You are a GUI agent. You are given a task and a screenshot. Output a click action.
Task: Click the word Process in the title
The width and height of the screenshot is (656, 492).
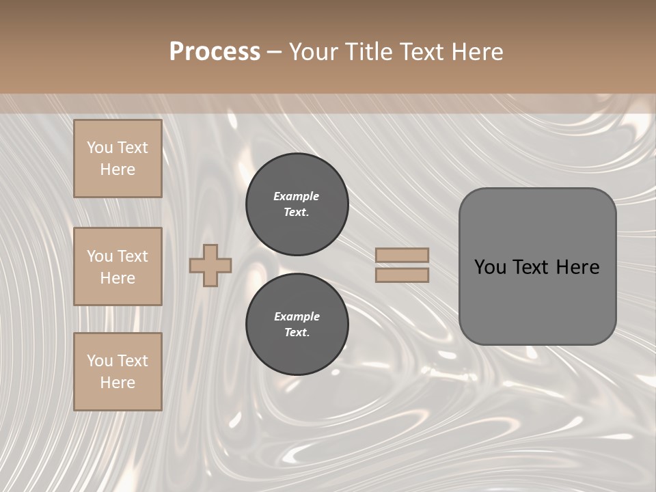tap(215, 52)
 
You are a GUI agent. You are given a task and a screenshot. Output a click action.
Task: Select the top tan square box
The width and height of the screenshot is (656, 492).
tap(118, 159)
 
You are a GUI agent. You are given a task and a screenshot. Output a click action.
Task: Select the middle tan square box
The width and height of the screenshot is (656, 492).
tap(118, 266)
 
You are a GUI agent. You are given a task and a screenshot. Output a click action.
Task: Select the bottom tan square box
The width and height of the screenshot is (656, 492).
tap(118, 372)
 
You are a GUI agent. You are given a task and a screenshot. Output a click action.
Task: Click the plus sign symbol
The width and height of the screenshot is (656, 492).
tap(210, 265)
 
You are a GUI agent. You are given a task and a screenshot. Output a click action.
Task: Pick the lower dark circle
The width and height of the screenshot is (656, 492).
tap(297, 325)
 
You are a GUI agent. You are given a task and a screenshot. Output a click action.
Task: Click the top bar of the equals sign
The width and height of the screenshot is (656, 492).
tap(402, 256)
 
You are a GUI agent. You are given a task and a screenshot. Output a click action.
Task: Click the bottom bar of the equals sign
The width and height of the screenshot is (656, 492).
tap(402, 275)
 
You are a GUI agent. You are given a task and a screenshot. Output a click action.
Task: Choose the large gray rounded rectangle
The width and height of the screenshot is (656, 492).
tap(537, 301)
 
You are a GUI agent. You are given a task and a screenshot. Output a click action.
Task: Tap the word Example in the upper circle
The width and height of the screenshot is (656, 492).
tap(297, 197)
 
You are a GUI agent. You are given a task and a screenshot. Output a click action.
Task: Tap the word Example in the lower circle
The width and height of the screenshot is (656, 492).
tap(297, 317)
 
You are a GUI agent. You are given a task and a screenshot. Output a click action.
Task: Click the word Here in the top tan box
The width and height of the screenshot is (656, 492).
tap(118, 169)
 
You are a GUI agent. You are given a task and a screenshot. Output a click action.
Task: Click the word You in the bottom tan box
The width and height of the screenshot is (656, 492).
tap(100, 361)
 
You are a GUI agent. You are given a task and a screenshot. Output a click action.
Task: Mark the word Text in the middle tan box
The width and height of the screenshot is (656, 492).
tap(133, 256)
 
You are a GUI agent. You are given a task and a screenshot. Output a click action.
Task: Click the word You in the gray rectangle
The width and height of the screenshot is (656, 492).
tap(490, 267)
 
